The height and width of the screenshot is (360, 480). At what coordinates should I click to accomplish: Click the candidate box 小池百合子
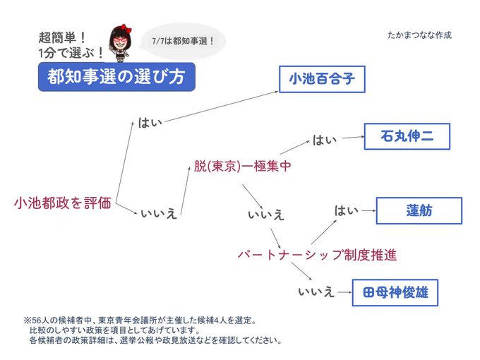321,80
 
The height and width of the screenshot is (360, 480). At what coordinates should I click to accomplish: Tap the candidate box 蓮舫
419,210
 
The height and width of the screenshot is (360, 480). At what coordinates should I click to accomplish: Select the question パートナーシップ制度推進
317,253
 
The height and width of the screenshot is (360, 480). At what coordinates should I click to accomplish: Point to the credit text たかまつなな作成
419,35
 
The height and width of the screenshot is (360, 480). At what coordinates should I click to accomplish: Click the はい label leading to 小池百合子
150,123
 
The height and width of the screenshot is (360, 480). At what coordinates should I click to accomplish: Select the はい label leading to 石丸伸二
325,140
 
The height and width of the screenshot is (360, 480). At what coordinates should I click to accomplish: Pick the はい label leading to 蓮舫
347,210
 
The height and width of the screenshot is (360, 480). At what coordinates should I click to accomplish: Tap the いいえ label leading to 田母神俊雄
316,291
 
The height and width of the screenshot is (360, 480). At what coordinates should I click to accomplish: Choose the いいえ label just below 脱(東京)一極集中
266,213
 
